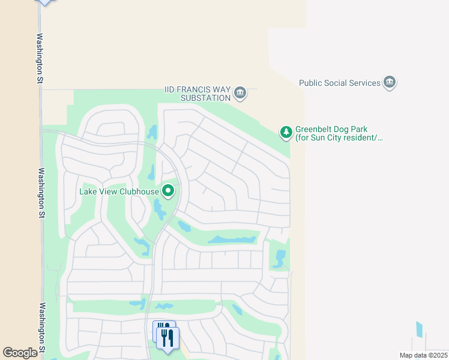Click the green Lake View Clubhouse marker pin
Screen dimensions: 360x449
[169, 191]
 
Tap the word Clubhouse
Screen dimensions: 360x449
[138, 192]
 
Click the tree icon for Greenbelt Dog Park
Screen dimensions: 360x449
[286, 131]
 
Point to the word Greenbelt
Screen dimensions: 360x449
[315, 129]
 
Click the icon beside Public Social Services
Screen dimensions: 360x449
[390, 83]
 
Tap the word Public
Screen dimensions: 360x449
[311, 83]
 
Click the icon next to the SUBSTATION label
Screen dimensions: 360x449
[240, 92]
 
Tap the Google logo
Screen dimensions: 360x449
[20, 353]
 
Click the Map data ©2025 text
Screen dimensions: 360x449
[423, 355]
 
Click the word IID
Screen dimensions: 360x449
[172, 89]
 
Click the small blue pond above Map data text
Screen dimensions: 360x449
[419, 329]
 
